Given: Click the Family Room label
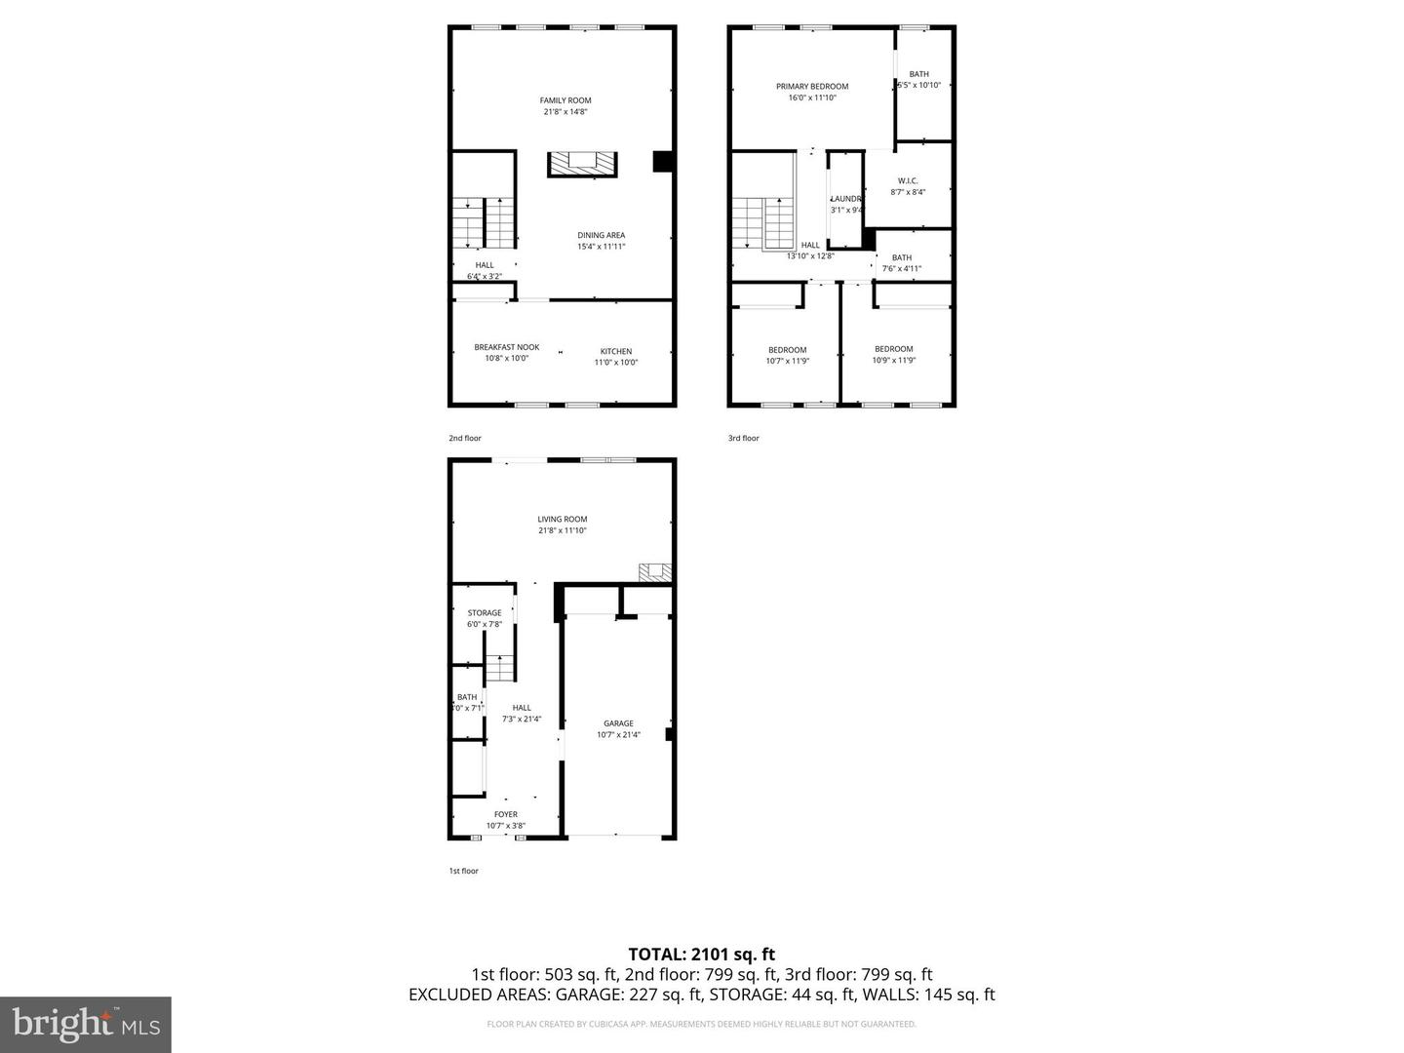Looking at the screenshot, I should click(565, 100).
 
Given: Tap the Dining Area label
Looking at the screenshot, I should click(601, 235).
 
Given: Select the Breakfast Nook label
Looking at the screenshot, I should click(506, 347).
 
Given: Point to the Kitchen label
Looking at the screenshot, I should click(615, 351).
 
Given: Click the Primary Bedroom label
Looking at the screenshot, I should click(812, 87).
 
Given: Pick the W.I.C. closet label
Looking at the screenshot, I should click(908, 181).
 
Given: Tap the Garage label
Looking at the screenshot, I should click(618, 723).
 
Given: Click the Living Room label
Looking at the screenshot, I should click(562, 520).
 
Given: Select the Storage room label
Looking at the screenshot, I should click(484, 613).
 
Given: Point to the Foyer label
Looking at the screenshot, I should click(505, 814).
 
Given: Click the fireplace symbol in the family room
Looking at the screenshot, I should click(582, 164).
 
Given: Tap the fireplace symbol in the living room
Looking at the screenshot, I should click(654, 572).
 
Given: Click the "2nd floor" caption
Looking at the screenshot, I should click(465, 439).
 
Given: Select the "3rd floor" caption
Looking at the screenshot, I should click(743, 439).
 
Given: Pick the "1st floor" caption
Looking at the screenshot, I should click(463, 871).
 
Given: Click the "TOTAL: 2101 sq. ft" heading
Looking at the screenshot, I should click(701, 955).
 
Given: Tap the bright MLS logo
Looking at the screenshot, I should click(86, 1024).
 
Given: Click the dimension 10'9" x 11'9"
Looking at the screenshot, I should click(893, 361).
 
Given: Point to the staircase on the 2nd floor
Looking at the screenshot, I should click(484, 222).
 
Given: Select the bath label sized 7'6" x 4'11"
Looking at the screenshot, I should click(901, 258).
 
